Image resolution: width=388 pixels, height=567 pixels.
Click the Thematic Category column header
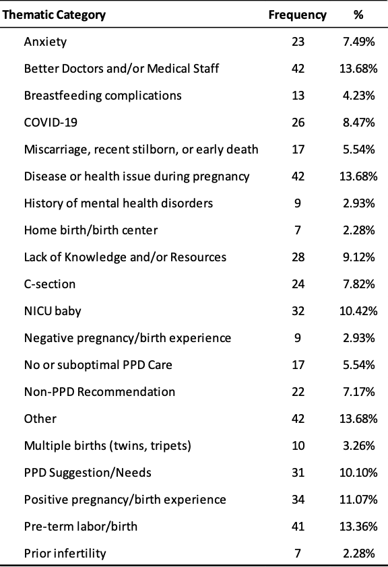pos(54,15)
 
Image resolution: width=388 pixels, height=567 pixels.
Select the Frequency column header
pos(297,15)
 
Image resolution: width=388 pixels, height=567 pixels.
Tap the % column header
pos(358,15)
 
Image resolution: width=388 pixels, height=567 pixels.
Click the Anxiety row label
pos(45,42)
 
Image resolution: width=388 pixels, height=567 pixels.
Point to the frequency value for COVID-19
pos(298,123)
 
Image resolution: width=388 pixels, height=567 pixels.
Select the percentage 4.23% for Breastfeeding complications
pos(359,96)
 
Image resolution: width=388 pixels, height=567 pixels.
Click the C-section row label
pos(50,284)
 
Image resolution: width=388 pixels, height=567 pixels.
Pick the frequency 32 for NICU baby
pos(298,311)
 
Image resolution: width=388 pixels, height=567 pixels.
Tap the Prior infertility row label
pos(65,554)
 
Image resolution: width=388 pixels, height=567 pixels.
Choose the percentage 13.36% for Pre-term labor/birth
pos(358,527)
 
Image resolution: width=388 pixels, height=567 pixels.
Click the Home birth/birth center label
pos(91,230)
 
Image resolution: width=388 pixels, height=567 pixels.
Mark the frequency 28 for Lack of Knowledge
pos(298,257)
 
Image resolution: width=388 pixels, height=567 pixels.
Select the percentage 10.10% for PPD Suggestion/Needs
pos(358,473)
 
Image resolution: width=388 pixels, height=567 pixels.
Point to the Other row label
pos(40,419)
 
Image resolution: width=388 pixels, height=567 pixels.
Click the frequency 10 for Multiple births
pos(298,446)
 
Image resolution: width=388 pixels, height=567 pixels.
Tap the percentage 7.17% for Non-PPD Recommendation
pos(359,392)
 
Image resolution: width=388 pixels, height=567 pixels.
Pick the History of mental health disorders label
pos(119,203)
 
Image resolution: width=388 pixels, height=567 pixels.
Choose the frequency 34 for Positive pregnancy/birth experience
pos(298,500)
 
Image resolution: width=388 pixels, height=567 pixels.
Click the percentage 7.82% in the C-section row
pos(359,284)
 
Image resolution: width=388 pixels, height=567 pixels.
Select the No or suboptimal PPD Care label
pos(98,365)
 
